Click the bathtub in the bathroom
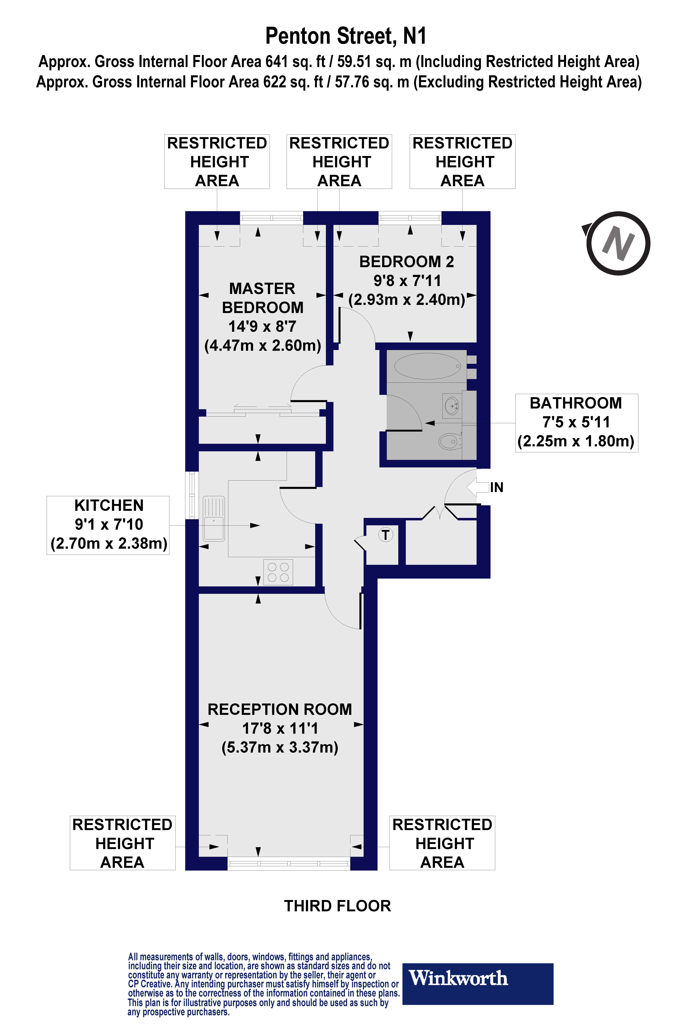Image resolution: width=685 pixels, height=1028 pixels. (427, 366)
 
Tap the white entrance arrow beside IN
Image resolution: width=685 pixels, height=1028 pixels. (477, 487)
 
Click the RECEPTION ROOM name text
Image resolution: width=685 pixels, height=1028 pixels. (280, 709)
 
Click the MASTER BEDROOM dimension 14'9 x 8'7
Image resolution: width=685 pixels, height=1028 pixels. (262, 326)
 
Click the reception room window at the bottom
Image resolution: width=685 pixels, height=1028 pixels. (288, 863)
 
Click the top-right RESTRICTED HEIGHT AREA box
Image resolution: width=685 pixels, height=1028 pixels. (462, 162)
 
